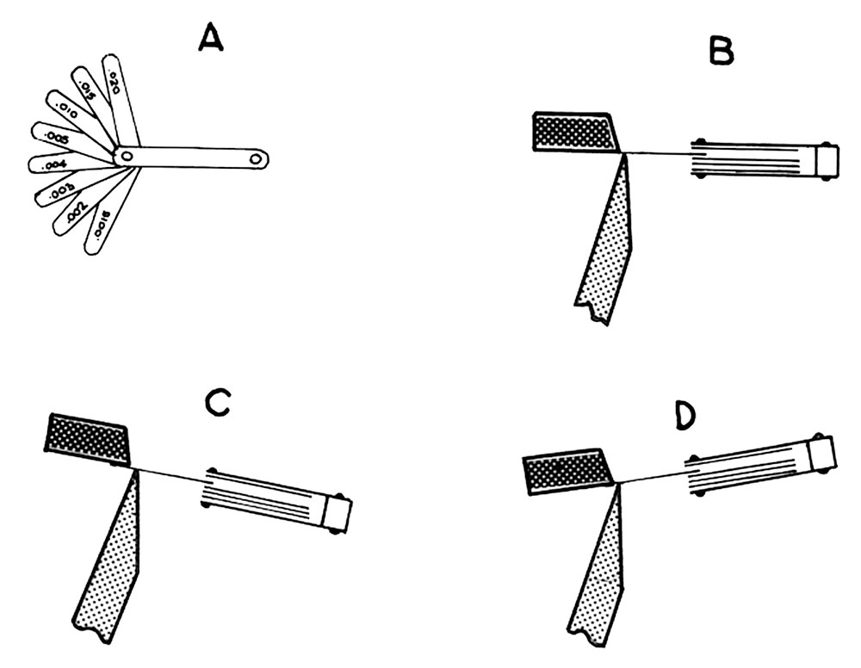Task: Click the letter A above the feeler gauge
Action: click(x=211, y=37)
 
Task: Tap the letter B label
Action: click(x=721, y=53)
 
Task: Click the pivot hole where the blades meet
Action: click(x=126, y=157)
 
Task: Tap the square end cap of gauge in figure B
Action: click(x=827, y=161)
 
